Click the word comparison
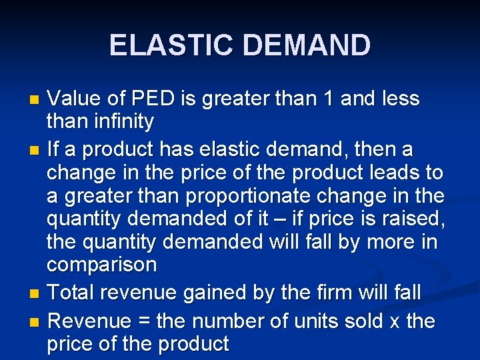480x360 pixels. click(x=101, y=265)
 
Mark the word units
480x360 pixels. click(x=312, y=321)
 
